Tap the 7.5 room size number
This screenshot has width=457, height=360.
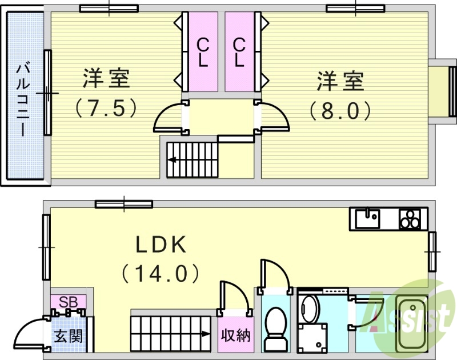tap(107, 109)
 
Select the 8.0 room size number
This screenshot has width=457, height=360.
tap(340, 110)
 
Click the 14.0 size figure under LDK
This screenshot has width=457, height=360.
tap(161, 273)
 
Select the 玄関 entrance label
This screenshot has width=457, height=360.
tap(68, 335)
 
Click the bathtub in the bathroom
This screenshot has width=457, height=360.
tap(411, 326)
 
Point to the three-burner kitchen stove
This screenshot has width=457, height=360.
tap(410, 218)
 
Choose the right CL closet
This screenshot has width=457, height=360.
tap(239, 52)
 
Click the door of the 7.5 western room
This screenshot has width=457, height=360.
tap(170, 118)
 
